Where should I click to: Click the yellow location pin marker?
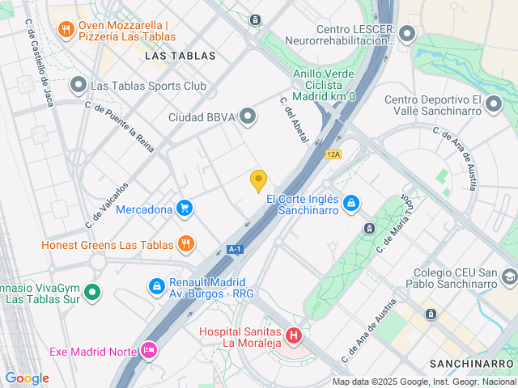[258, 181]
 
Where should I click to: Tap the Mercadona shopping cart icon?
[185, 209]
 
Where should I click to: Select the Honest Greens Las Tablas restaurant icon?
[185, 244]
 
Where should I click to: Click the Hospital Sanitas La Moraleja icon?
[294, 334]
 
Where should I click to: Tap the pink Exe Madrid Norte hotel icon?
[149, 351]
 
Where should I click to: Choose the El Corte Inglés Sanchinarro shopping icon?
[350, 202]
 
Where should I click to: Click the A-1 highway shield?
[236, 249]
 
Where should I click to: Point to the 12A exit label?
[333, 154]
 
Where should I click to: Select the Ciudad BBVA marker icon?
[248, 117]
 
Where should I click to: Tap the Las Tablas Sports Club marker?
[79, 85]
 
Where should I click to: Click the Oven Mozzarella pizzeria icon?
[66, 31]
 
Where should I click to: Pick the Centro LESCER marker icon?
[406, 34]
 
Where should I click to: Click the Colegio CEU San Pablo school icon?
[509, 278]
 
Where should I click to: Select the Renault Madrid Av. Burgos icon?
[155, 286]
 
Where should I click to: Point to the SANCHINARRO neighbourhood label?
[473, 363]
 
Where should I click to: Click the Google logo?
[27, 378]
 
